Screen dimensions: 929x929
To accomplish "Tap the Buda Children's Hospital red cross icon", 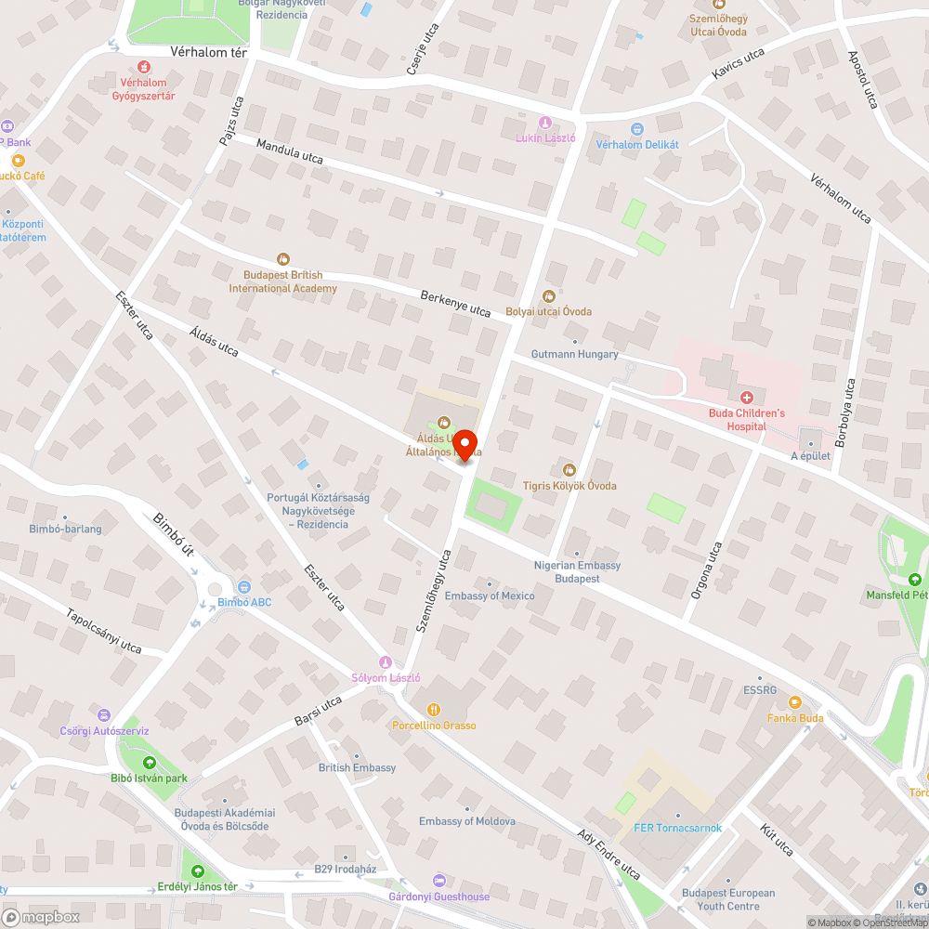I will pyautogui.click(x=746, y=397).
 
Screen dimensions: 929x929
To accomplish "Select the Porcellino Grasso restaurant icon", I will pyautogui.click(x=433, y=710).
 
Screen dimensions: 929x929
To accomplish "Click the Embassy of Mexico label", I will pyautogui.click(x=490, y=595).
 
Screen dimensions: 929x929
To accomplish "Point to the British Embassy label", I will pyautogui.click(x=357, y=767).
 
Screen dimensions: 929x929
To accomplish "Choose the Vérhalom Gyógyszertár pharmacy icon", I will pyautogui.click(x=143, y=67).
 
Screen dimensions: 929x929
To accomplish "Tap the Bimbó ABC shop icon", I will pyautogui.click(x=243, y=587).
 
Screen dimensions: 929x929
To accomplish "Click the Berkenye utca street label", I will pyautogui.click(x=455, y=303).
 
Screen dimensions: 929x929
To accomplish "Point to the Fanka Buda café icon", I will pyautogui.click(x=794, y=702).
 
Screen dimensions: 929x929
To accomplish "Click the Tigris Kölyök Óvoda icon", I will pyautogui.click(x=569, y=469).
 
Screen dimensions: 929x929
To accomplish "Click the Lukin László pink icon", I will pyautogui.click(x=545, y=123).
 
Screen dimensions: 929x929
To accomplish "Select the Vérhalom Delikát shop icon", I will pyautogui.click(x=636, y=129).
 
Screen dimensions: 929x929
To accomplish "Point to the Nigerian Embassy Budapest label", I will pyautogui.click(x=578, y=571).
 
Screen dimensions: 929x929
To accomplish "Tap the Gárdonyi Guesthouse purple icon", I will pyautogui.click(x=439, y=881).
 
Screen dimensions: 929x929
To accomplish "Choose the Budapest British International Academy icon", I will pyautogui.click(x=283, y=259).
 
